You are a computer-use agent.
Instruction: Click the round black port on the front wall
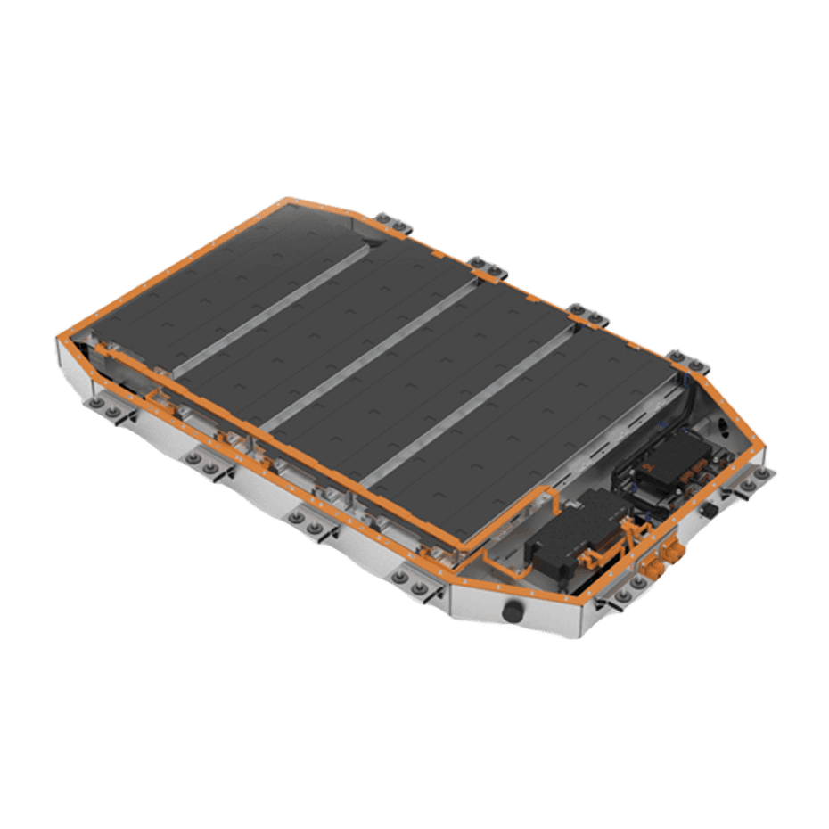click(x=513, y=611)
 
